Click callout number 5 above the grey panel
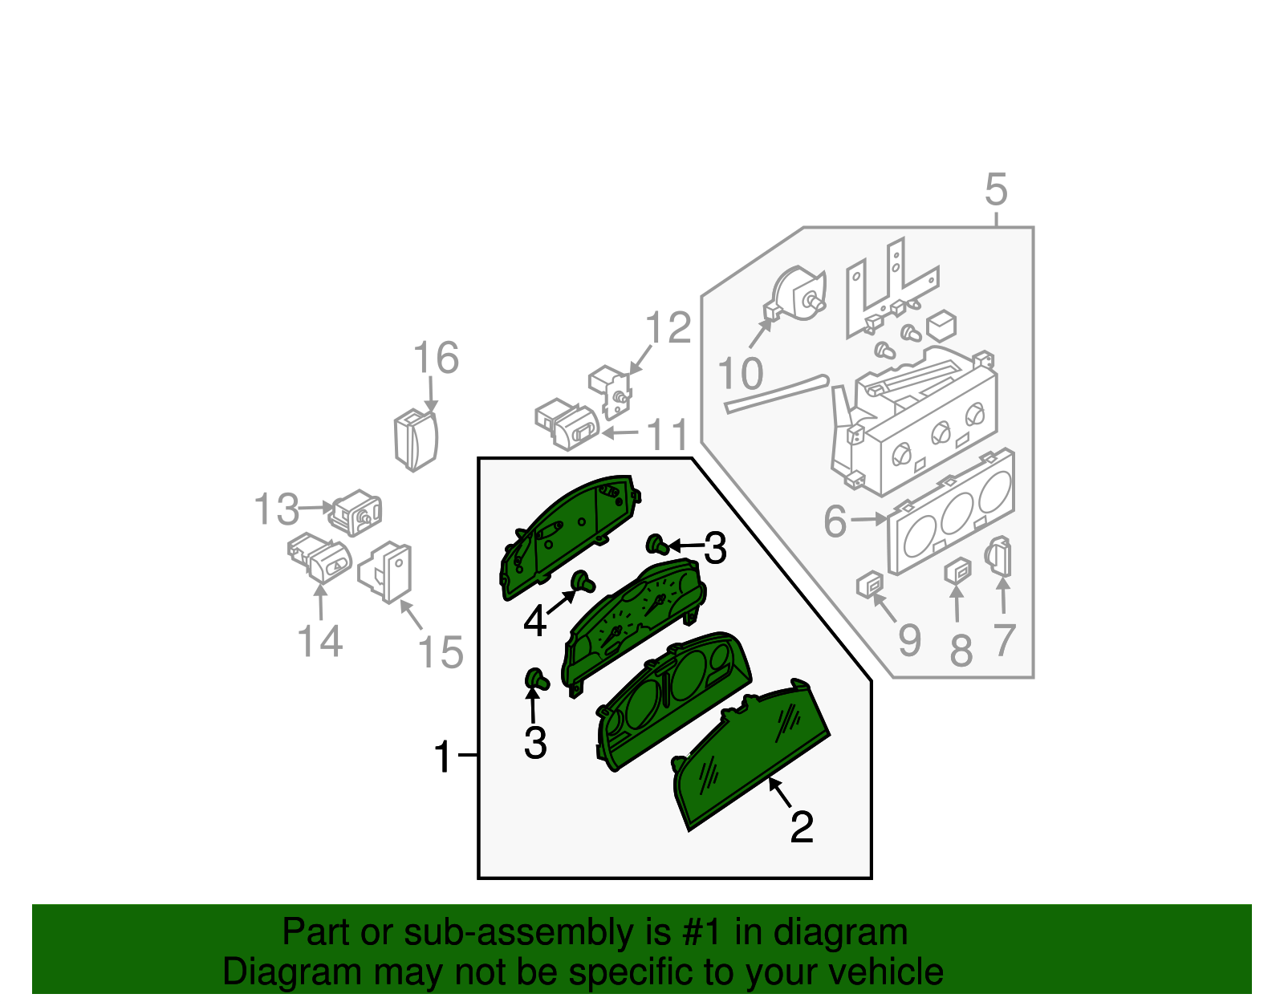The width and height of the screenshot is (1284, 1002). (x=995, y=190)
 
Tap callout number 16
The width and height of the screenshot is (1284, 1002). (x=436, y=358)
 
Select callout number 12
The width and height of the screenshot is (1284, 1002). (x=668, y=328)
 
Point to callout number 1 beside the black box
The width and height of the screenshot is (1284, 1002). (x=443, y=757)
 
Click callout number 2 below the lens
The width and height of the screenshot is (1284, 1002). (x=802, y=827)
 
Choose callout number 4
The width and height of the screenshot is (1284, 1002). (x=534, y=621)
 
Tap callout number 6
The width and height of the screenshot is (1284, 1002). (x=835, y=521)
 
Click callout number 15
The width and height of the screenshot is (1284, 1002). (x=441, y=651)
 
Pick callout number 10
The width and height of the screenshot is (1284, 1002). (x=740, y=374)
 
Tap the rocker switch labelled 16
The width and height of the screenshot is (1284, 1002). (x=416, y=439)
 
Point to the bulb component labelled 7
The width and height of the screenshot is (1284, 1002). (x=999, y=557)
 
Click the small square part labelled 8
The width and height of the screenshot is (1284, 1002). (x=957, y=570)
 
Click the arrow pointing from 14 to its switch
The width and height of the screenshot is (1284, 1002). (x=320, y=602)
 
